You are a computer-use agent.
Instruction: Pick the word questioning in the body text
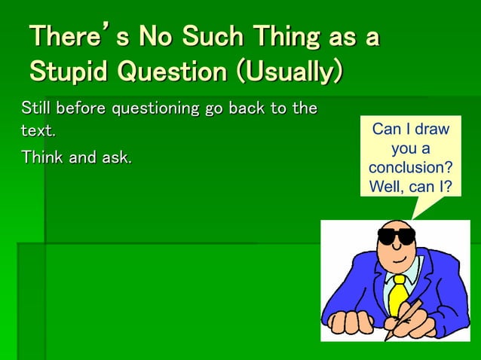[155, 108]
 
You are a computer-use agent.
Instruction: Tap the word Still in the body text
[35, 108]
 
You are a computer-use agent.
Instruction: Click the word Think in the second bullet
[41, 157]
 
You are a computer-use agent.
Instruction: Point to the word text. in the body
[37, 130]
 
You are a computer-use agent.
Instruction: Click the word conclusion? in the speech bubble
[410, 166]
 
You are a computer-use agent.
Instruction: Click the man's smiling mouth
[400, 260]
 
